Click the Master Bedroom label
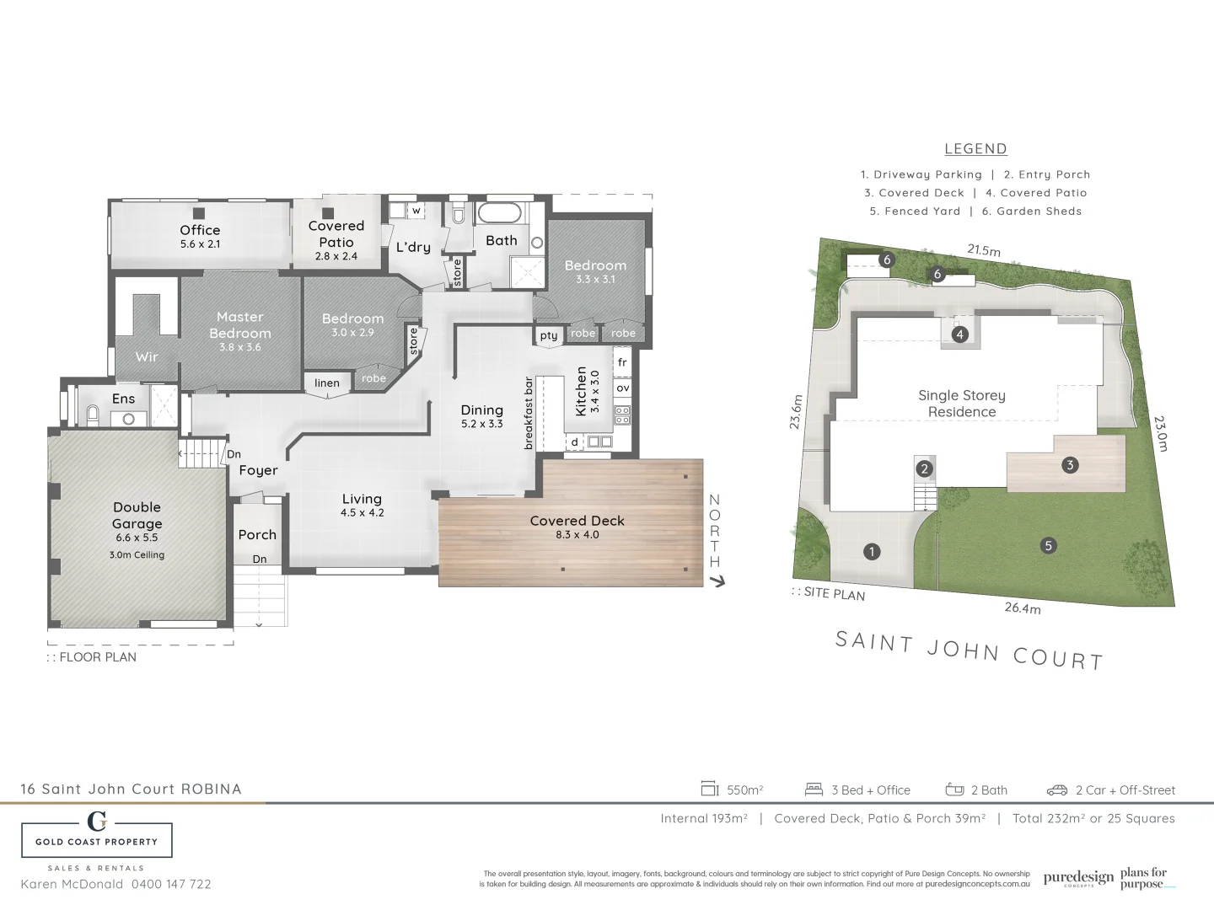240,325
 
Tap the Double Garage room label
137,515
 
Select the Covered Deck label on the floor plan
577,521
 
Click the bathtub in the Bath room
502,212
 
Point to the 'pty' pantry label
549,335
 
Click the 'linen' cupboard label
327,383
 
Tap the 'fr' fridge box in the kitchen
622,362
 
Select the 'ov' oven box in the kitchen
622,388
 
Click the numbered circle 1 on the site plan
872,552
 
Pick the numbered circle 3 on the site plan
1070,464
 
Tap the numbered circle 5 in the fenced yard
1049,545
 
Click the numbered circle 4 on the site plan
959,335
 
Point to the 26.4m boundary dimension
1022,608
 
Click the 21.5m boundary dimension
983,250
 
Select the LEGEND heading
975,149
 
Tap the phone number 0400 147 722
171,884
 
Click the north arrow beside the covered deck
717,581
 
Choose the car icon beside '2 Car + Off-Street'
1056,790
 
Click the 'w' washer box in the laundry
416,210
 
